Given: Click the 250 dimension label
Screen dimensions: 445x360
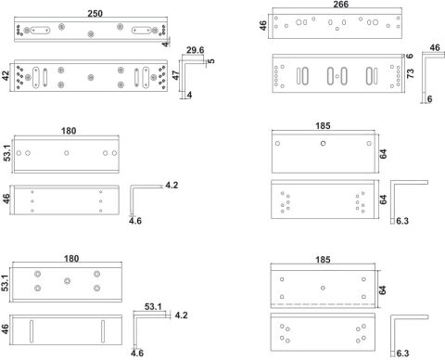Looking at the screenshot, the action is [x=95, y=14].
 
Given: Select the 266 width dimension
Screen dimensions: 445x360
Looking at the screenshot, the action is [x=341, y=5].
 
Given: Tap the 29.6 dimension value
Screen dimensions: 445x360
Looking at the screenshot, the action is [x=196, y=50].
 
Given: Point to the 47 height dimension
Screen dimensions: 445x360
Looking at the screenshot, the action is [x=175, y=75].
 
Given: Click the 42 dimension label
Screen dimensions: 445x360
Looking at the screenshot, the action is [x=6, y=76].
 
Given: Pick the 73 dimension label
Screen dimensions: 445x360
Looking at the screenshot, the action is [x=410, y=73].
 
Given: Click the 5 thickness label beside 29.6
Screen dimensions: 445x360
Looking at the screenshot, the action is [x=211, y=60].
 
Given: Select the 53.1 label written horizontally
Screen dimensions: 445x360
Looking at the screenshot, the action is [x=153, y=306].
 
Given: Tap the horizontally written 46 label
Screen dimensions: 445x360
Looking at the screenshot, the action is [x=435, y=47].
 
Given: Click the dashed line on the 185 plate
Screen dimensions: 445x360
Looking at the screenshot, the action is [x=323, y=304].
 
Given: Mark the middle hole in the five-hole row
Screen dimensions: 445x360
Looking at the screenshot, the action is [x=67, y=153].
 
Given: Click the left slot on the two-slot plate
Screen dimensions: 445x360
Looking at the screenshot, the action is [x=32, y=331].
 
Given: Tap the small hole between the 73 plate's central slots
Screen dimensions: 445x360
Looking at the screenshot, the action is [x=337, y=76].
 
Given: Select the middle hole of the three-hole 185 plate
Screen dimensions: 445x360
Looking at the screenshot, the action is [x=323, y=143].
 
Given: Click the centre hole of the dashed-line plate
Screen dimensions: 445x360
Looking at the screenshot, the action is [x=323, y=288].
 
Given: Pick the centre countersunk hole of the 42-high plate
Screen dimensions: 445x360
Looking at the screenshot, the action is [x=91, y=77].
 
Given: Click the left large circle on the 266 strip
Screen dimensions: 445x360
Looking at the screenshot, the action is [x=299, y=22].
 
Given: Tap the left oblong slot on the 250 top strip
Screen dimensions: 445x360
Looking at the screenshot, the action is [x=40, y=31].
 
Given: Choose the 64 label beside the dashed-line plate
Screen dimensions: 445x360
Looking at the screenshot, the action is [x=382, y=289].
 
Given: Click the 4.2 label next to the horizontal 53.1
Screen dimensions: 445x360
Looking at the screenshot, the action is [x=181, y=315].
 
